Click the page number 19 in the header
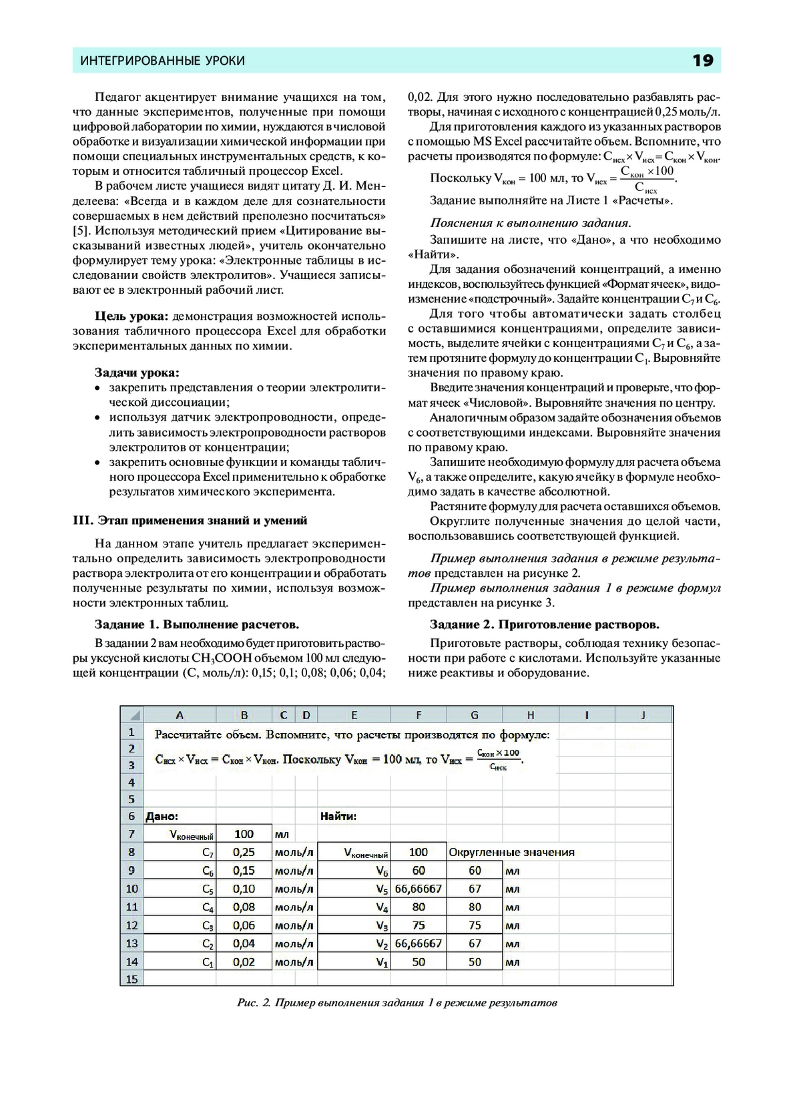tap(703, 61)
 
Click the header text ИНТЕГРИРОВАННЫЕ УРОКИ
tap(162, 61)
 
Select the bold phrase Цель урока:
tap(131, 316)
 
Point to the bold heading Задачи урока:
tap(137, 373)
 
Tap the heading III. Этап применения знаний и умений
tap(190, 520)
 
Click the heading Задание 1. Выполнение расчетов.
tap(197, 624)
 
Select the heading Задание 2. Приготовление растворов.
tap(544, 624)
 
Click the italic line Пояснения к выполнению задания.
tap(530, 223)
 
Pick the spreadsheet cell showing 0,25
tap(244, 852)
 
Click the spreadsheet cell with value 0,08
tap(244, 907)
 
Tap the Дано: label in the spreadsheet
tap(162, 816)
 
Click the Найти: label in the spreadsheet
tap(338, 816)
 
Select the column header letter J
tap(643, 715)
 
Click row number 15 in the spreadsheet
tap(131, 979)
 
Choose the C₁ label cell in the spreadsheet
tap(208, 962)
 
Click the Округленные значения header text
tap(511, 852)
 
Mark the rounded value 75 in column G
tap(475, 925)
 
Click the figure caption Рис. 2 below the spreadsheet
tap(396, 1003)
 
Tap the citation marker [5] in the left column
tap(82, 230)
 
